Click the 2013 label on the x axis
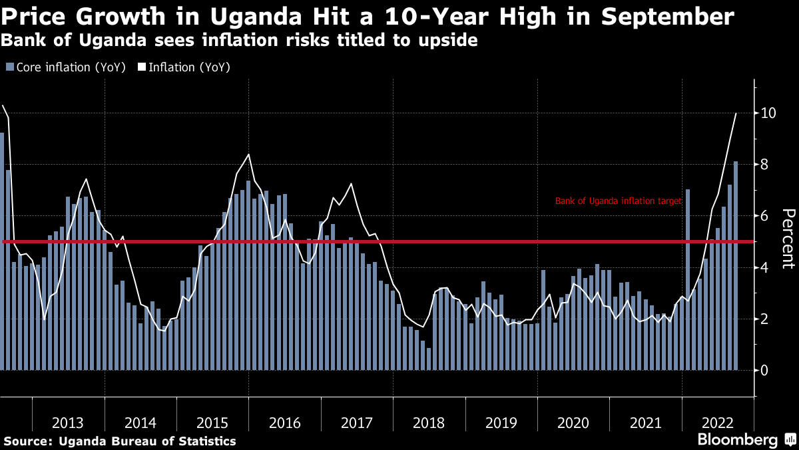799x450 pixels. pyautogui.click(x=68, y=423)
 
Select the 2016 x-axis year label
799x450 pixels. pyautogui.click(x=284, y=423)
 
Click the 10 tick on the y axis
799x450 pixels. pyautogui.click(x=769, y=113)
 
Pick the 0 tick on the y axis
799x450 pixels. pyautogui.click(x=765, y=370)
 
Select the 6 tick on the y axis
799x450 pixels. pyautogui.click(x=765, y=216)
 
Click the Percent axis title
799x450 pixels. pyautogui.click(x=788, y=239)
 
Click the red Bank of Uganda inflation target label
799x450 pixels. pyautogui.click(x=619, y=200)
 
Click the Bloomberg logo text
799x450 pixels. pyautogui.click(x=737, y=440)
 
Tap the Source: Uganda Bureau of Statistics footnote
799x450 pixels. pyautogui.click(x=121, y=441)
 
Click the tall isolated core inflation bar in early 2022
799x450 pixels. pyautogui.click(x=688, y=280)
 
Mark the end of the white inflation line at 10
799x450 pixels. pyautogui.click(x=736, y=113)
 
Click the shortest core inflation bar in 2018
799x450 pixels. pyautogui.click(x=429, y=359)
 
